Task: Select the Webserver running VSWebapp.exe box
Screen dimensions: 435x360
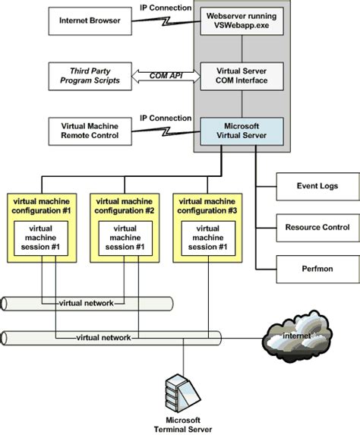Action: coord(235,19)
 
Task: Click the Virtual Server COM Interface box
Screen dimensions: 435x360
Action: coord(235,76)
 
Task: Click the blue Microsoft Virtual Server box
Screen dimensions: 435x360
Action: coord(235,131)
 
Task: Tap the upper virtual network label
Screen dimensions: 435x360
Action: coord(86,303)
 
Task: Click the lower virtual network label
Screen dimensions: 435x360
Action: coord(104,336)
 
